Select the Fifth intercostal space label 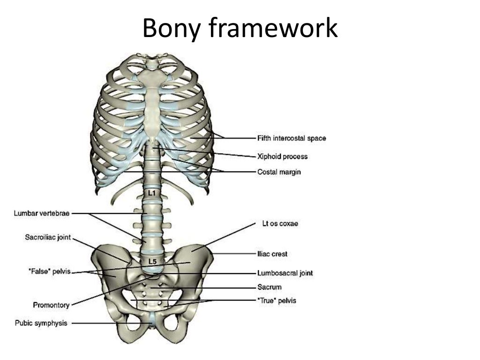coord(291,138)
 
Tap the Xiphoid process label coord(283,156)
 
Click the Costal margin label coord(279,172)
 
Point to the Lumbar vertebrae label coord(42,213)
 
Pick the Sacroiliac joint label coord(48,238)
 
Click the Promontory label coord(51,305)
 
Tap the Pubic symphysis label coord(41,323)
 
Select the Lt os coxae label coord(280,224)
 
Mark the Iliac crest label coord(272,254)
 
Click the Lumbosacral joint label coord(285,273)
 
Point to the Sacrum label coord(269,287)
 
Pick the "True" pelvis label coord(277,300)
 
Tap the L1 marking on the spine coord(152,193)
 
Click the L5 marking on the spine coord(152,261)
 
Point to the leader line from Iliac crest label coord(234,254)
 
